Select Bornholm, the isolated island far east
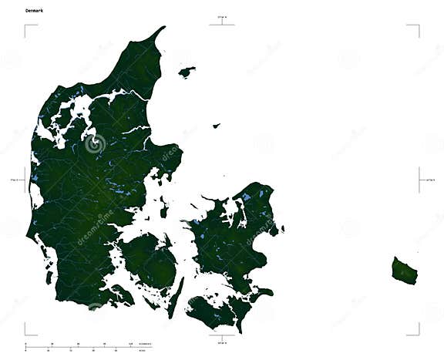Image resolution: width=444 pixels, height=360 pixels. point(404,270)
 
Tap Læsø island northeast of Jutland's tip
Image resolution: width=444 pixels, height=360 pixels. point(187,72)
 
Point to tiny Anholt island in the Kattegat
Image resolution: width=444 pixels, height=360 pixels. point(217,125)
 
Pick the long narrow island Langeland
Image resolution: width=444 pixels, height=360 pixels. point(178,296)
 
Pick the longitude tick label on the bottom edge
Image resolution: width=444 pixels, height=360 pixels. point(222,338)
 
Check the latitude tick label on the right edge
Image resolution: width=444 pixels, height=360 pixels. point(429,180)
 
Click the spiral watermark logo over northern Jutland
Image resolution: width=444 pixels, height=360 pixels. point(96,143)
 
